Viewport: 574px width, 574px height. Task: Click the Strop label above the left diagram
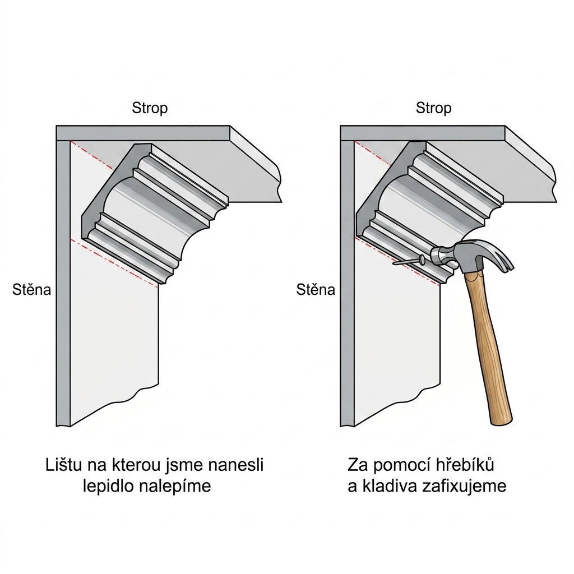click(x=150, y=108)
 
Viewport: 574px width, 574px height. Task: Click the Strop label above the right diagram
click(x=433, y=108)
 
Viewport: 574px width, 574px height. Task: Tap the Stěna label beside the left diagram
click(x=32, y=290)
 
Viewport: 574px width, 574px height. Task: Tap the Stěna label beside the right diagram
click(x=316, y=290)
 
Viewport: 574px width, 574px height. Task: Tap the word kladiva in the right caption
click(x=390, y=487)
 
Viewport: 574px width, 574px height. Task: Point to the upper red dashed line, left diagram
click(x=91, y=155)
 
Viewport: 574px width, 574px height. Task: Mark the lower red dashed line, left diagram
click(x=114, y=263)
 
